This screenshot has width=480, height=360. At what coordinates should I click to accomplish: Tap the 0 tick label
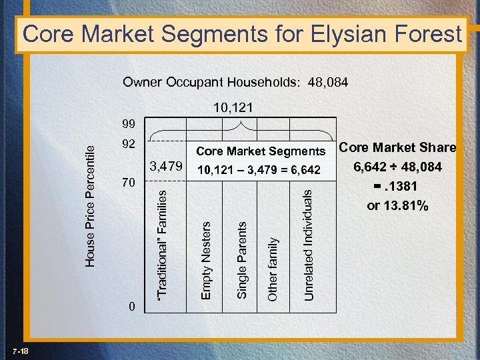pyautogui.click(x=133, y=306)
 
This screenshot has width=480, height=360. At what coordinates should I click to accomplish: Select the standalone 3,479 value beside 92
pyautogui.click(x=166, y=164)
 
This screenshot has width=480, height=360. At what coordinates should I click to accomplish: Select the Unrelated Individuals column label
pyautogui.click(x=307, y=243)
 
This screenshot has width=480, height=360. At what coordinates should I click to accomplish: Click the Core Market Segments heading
pyautogui.click(x=261, y=151)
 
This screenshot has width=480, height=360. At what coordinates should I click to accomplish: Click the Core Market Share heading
pyautogui.click(x=397, y=147)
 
